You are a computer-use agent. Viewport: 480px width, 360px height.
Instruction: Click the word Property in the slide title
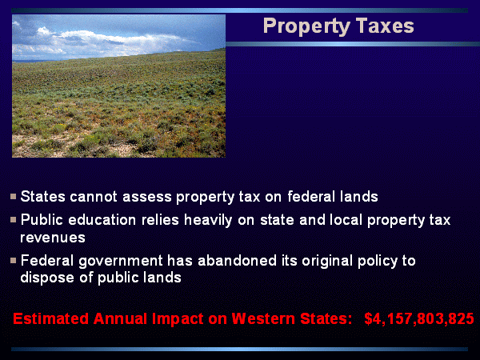click(306, 26)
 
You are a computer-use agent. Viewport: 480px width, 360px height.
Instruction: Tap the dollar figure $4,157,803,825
click(419, 318)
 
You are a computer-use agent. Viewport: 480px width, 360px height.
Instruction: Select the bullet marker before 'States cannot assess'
click(13, 196)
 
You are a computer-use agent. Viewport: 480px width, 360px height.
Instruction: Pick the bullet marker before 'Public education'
click(13, 219)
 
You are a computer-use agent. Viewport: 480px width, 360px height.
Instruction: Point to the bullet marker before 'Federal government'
click(13, 261)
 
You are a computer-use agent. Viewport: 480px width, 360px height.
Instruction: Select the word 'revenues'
click(53, 238)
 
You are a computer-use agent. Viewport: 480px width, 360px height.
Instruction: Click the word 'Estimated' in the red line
click(51, 318)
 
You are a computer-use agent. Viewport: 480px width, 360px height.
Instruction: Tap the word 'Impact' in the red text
click(178, 319)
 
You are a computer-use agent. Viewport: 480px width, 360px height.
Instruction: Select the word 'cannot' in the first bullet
click(94, 197)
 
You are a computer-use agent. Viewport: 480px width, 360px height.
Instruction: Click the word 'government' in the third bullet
click(121, 262)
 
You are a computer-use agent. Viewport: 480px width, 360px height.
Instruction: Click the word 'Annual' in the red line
click(120, 318)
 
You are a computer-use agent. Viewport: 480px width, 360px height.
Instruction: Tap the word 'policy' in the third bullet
click(378, 262)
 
